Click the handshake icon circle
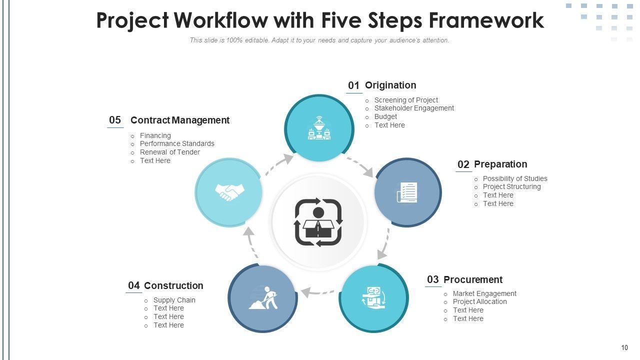coord(229,192)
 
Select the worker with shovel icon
coord(263,298)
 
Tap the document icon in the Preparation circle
coord(407,192)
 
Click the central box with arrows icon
coord(318,222)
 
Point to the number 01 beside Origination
coord(354,85)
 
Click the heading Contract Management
coord(180,120)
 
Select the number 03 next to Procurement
coord(433,279)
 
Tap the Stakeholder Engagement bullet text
coord(414,108)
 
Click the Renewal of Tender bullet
coord(170,152)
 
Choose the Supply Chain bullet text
coord(174,300)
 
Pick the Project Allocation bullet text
coord(480,301)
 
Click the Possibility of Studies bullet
coord(515,178)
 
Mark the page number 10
coord(624,348)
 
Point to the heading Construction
coord(173,285)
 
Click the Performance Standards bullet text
coord(177,143)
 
